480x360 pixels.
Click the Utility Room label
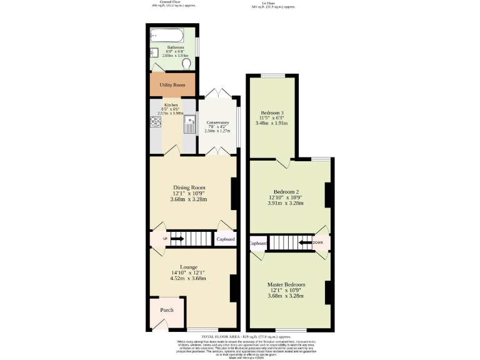point(172,84)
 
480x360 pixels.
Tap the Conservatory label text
point(217,122)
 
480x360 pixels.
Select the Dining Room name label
point(189,187)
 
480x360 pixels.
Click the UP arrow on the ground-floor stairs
point(176,239)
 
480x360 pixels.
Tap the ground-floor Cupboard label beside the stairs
point(226,239)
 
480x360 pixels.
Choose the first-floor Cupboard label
point(258,243)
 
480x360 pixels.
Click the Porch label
point(167,310)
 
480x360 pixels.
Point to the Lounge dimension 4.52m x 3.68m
point(189,278)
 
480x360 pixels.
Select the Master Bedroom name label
point(286,284)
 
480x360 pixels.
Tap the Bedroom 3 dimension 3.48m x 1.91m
point(272,123)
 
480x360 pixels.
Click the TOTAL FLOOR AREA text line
point(240,337)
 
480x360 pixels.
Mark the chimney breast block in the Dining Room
point(234,194)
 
